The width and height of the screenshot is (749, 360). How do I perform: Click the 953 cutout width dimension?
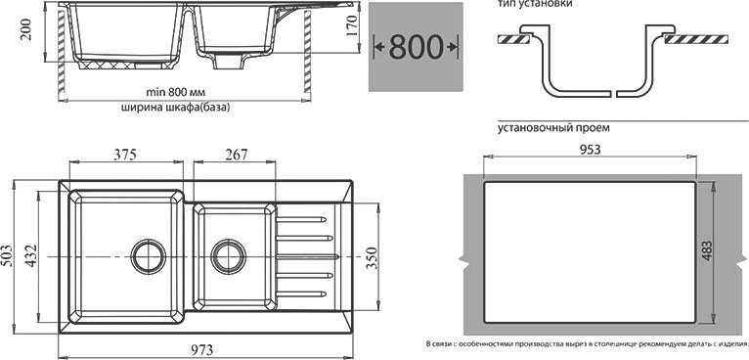(x=589, y=149)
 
